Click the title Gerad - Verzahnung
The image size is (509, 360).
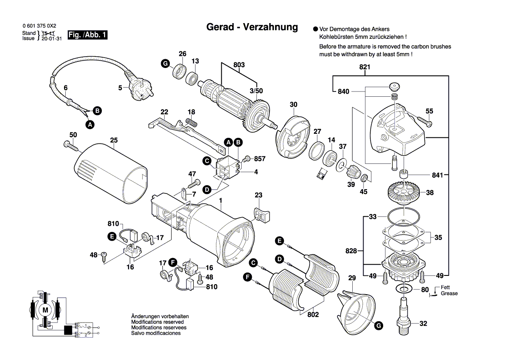(252, 27)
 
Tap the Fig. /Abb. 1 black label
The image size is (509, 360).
(88, 35)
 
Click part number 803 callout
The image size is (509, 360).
(239, 65)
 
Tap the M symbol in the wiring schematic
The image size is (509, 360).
(45, 309)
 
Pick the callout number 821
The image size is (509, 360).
(364, 67)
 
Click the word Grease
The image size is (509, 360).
(449, 293)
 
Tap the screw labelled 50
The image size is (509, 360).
(70, 145)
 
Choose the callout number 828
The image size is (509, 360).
(351, 251)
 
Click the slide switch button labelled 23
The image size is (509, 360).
(261, 214)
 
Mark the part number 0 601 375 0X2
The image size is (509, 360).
(39, 26)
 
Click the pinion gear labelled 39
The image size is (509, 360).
(352, 174)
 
